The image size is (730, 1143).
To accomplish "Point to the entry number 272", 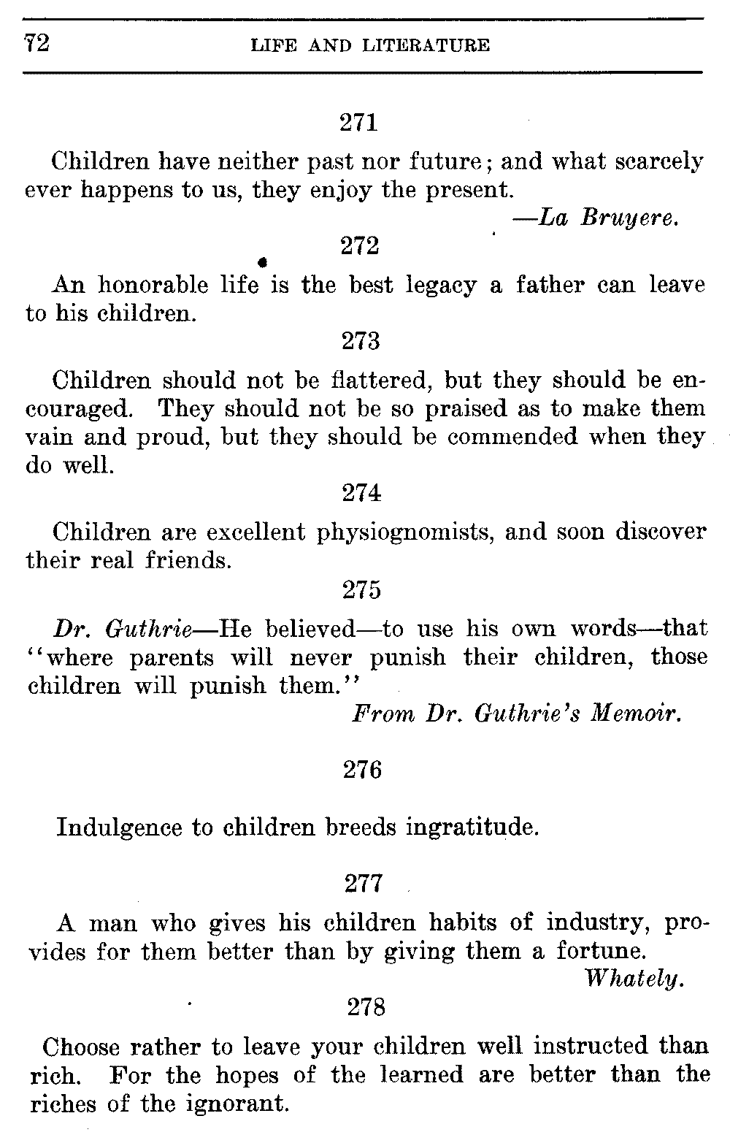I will click(360, 246).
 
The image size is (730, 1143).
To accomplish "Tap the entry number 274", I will click(361, 494).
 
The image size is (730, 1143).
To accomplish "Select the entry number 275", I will click(362, 589).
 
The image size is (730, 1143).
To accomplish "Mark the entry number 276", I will click(362, 770).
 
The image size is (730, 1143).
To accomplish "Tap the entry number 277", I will click(362, 884).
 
